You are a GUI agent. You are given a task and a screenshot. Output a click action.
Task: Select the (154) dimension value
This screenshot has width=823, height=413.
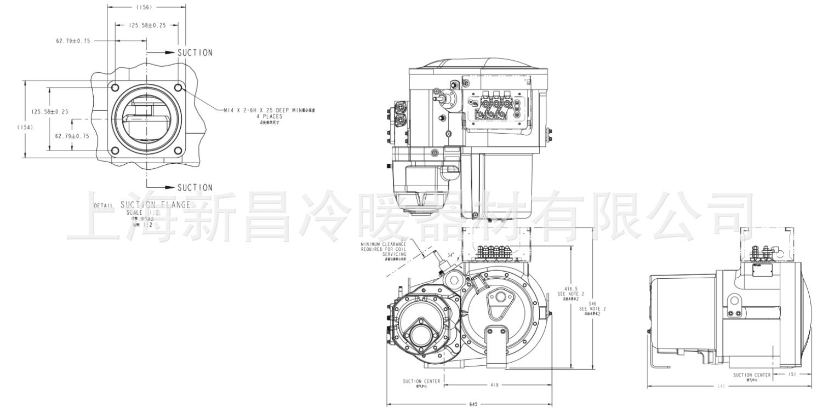25,127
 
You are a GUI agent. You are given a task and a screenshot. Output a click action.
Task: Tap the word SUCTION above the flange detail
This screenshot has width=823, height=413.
195,53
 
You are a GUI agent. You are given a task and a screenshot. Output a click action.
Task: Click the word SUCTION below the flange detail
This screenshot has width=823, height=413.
195,187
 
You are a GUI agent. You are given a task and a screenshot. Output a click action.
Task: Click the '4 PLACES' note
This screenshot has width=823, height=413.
268,117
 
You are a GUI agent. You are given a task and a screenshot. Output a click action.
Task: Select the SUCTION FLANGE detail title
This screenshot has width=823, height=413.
155,205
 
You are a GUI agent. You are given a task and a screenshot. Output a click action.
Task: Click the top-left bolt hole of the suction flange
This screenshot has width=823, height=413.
115,88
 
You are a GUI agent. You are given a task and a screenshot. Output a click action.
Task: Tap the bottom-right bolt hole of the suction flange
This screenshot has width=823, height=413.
179,151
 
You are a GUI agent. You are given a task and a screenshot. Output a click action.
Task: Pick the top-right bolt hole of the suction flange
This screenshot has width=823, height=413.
179,88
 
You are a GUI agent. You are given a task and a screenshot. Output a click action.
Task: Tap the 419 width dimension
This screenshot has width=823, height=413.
494,386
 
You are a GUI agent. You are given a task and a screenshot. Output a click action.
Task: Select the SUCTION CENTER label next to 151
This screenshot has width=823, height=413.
751,375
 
